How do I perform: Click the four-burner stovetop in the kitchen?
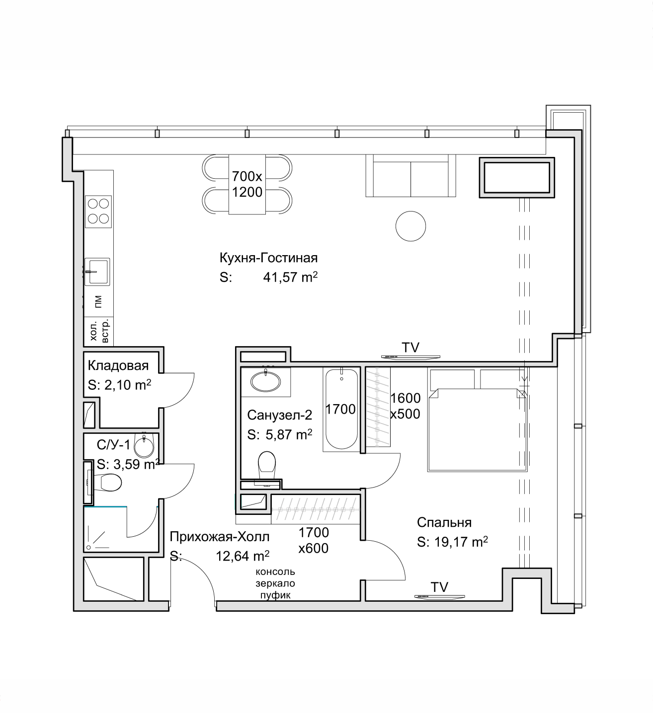click(x=98, y=212)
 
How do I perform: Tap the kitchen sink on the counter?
click(x=97, y=272)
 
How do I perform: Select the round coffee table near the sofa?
click(x=410, y=226)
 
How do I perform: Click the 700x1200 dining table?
click(x=247, y=184)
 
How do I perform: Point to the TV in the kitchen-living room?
click(x=410, y=356)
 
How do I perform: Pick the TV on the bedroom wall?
click(x=439, y=596)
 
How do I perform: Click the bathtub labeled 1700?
click(x=341, y=409)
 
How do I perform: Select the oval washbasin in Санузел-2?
click(x=265, y=382)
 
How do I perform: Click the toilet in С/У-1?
click(x=107, y=483)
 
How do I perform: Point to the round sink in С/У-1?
click(x=144, y=445)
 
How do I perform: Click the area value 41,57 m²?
click(x=290, y=277)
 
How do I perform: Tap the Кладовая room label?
click(x=118, y=365)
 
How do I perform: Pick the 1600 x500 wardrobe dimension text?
click(x=406, y=406)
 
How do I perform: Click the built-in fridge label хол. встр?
click(x=99, y=331)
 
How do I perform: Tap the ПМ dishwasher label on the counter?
click(x=98, y=301)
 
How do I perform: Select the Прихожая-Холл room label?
click(x=219, y=537)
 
